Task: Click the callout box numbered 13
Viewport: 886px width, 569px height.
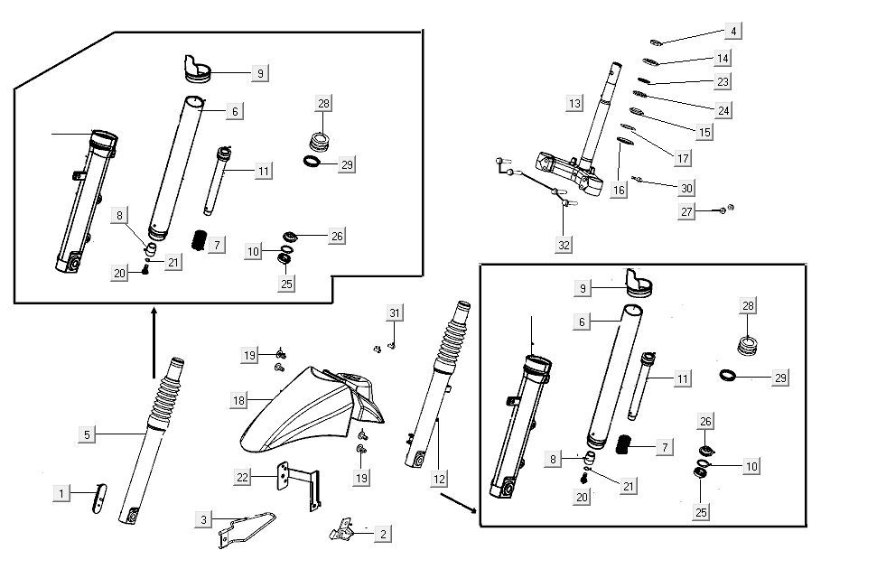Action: [574, 103]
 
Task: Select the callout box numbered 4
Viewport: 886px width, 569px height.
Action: [733, 32]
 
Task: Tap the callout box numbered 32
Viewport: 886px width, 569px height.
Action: [564, 243]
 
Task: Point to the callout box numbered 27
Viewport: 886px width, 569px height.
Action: [688, 211]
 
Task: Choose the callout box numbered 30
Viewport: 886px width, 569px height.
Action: [686, 188]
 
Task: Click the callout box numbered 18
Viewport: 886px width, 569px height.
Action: [238, 399]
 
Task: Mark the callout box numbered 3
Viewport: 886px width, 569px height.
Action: [204, 519]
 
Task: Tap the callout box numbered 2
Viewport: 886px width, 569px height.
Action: [382, 534]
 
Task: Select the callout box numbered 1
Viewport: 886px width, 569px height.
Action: [61, 493]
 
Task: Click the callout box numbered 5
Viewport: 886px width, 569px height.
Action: [87, 434]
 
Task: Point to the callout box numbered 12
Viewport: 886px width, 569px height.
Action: [440, 479]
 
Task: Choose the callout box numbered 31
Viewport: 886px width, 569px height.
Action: [394, 312]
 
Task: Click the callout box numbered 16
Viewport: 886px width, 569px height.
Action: [618, 191]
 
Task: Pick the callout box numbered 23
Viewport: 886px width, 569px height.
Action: [722, 81]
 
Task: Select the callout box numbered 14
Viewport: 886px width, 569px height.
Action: [722, 58]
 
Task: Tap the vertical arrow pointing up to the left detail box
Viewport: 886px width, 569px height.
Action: [154, 343]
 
